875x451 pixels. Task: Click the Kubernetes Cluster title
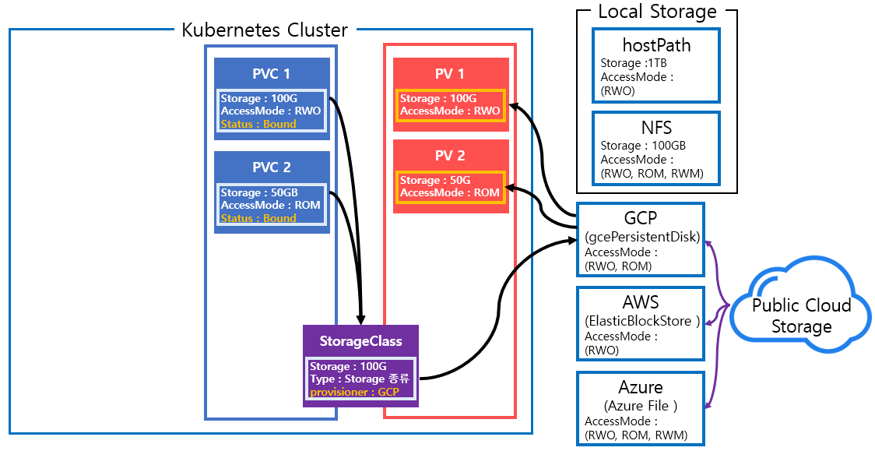pyautogui.click(x=265, y=30)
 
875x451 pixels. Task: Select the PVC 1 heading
pyautogui.click(x=271, y=74)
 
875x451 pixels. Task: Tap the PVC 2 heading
pyautogui.click(x=271, y=167)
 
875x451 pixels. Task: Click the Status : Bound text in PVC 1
pyautogui.click(x=258, y=124)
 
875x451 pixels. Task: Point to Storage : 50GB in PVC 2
pyautogui.click(x=259, y=192)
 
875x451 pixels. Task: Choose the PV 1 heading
pyautogui.click(x=450, y=74)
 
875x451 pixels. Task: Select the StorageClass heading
pyautogui.click(x=360, y=341)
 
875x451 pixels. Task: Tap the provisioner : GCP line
pyautogui.click(x=354, y=392)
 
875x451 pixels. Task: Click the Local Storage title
pyautogui.click(x=657, y=12)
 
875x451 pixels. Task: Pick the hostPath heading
pyautogui.click(x=656, y=45)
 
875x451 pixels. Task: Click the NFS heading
pyautogui.click(x=656, y=126)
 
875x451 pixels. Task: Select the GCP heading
pyautogui.click(x=641, y=218)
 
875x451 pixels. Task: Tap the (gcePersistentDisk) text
pyautogui.click(x=641, y=237)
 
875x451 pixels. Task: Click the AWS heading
pyautogui.click(x=641, y=302)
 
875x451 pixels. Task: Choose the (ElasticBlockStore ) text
pyautogui.click(x=641, y=321)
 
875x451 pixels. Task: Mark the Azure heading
pyautogui.click(x=641, y=387)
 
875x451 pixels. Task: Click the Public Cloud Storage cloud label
pyautogui.click(x=801, y=315)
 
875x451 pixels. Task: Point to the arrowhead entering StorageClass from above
pyautogui.click(x=360, y=319)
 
